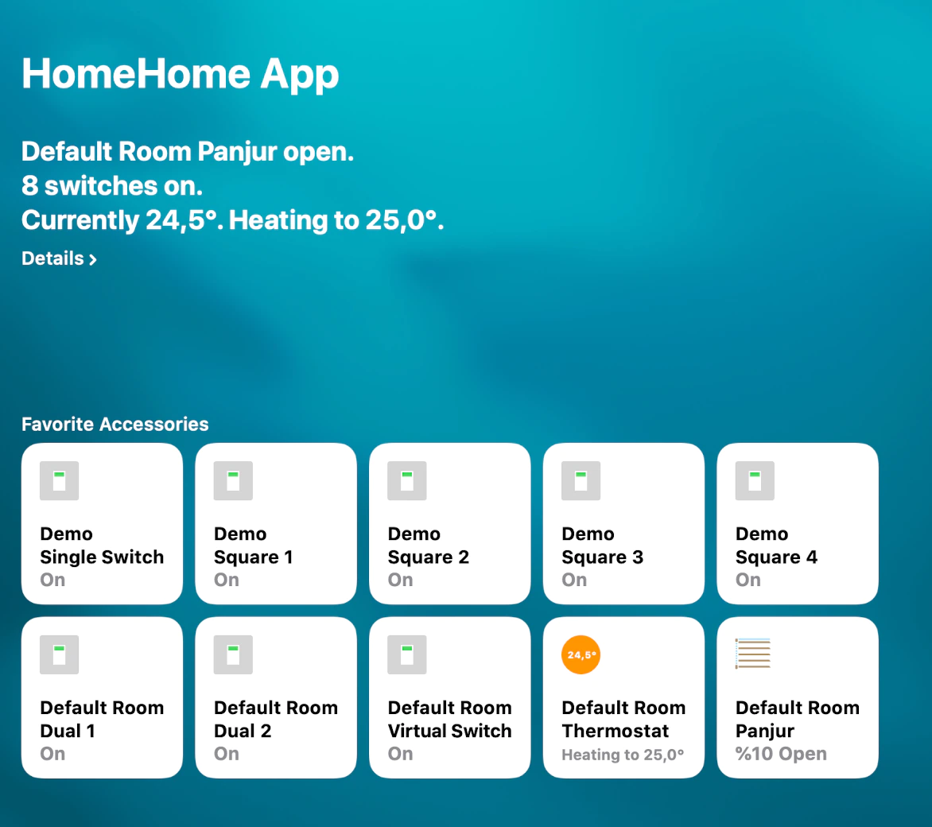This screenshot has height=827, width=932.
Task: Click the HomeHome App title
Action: point(180,74)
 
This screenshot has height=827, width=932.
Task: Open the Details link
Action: point(59,258)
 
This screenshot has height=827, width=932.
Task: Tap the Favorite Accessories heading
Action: point(115,424)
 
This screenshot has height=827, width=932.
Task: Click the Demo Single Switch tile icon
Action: point(60,480)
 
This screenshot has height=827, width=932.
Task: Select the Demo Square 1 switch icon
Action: point(233,480)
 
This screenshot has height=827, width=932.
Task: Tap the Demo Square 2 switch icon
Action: point(407,480)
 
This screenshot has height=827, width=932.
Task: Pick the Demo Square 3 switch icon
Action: point(581,480)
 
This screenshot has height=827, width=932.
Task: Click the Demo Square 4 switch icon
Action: point(755,480)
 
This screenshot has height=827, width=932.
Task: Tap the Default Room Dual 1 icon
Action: point(60,654)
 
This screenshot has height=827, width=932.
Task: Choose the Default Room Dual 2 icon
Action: point(233,654)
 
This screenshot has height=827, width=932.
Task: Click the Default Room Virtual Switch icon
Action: point(407,654)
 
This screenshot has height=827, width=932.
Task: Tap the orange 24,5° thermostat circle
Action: point(581,654)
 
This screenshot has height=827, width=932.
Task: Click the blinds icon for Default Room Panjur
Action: point(753,654)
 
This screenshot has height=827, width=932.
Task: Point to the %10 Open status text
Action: point(781,754)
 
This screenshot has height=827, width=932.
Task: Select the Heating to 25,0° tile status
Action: point(623,755)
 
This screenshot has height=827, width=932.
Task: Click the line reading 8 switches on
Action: point(112,186)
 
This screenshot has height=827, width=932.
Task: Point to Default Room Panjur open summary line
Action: point(188,152)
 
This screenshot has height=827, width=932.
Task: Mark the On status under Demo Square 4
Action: point(748,580)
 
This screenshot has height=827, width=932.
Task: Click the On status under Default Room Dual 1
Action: point(52,754)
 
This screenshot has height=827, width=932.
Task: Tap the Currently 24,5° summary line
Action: point(233,220)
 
